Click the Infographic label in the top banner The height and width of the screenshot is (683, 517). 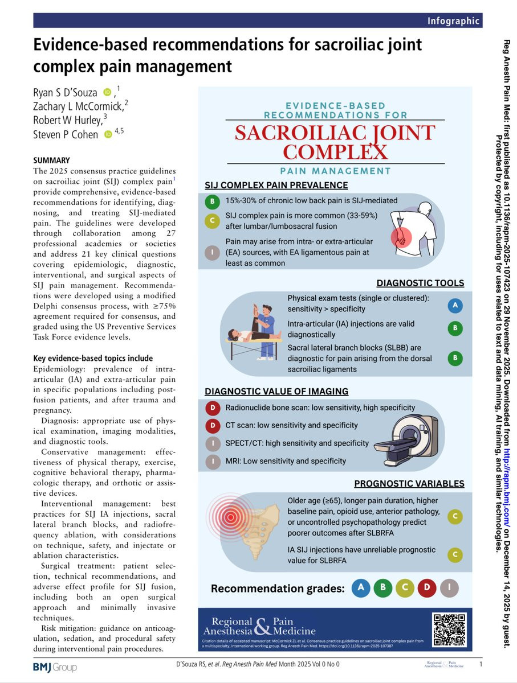click(x=454, y=21)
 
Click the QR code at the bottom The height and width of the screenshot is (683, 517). click(x=450, y=629)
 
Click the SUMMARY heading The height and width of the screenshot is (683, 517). click(x=51, y=161)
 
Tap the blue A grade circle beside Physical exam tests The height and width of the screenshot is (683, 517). click(x=455, y=306)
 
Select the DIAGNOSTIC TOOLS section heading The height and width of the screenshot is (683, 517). click(x=420, y=283)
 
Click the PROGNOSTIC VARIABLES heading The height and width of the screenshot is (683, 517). click(x=409, y=484)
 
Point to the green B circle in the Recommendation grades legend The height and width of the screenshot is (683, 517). click(x=382, y=588)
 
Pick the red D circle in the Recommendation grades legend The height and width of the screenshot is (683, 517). click(x=427, y=588)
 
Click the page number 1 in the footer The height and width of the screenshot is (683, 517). click(x=481, y=664)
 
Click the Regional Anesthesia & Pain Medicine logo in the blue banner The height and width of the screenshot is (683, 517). click(x=263, y=626)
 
